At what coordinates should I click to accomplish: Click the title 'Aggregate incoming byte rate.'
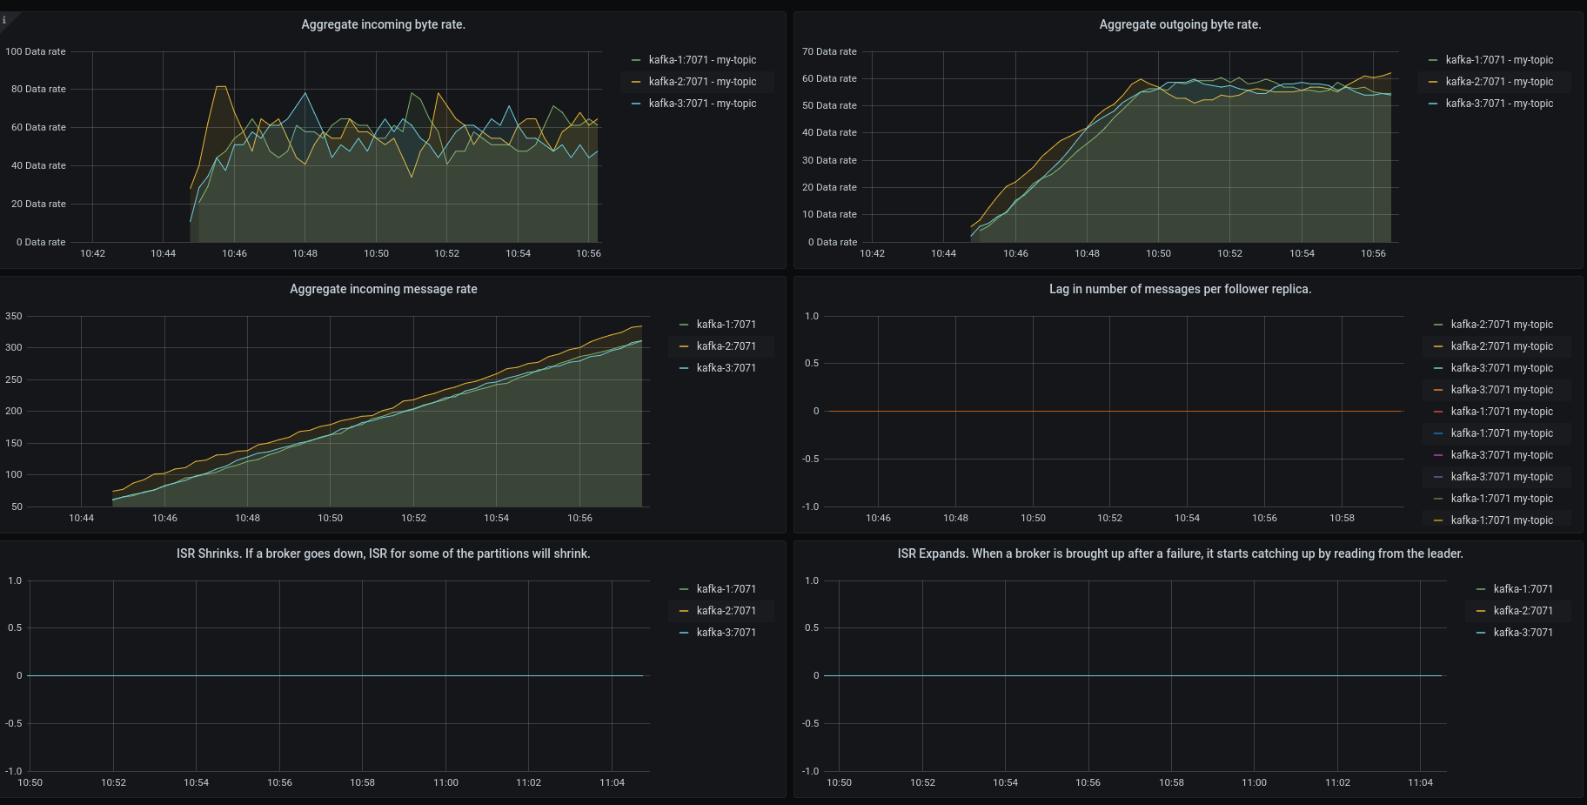pos(383,24)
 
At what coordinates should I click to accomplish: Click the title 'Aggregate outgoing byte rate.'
pos(1180,24)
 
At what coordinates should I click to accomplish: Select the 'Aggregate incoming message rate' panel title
pos(383,289)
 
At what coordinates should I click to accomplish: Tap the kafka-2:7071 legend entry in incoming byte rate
pos(701,82)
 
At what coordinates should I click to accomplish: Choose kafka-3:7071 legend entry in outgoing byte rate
pos(1498,104)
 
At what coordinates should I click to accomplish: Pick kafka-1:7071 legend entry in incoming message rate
pos(726,325)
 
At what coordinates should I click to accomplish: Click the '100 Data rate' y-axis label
pos(36,51)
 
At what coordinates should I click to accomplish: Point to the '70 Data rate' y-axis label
pos(829,51)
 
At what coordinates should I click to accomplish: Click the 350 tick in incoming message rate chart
pos(14,316)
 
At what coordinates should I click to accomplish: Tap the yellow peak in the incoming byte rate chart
pos(221,87)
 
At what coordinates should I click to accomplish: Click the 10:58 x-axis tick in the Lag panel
pos(1342,518)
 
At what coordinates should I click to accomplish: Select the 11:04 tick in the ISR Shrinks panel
pos(612,782)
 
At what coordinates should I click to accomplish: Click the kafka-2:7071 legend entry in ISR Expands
pos(1523,611)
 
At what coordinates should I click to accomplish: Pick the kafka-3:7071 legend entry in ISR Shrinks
pos(726,633)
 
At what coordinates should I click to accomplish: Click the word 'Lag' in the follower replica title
pos(1059,289)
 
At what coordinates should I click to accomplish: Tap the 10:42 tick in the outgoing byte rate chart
pos(872,253)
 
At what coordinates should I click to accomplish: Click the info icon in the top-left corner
pos(4,20)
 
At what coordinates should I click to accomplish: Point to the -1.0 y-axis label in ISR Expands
pos(811,771)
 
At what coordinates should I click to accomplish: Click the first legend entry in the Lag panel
pos(1501,325)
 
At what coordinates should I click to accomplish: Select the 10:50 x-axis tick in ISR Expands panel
pos(839,782)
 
